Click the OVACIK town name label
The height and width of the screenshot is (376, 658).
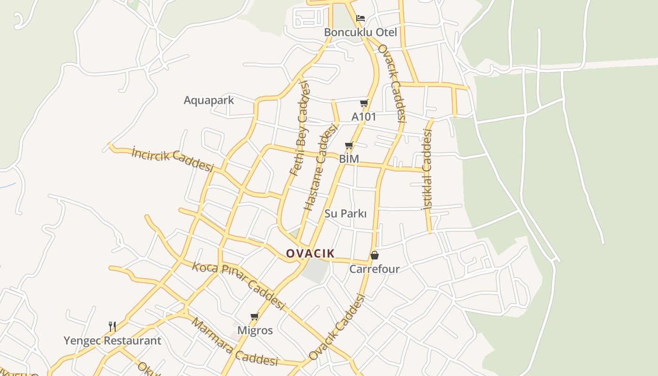coord(310,253)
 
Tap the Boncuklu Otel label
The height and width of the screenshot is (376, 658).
coord(360,32)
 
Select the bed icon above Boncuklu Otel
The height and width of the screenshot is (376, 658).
coord(360,18)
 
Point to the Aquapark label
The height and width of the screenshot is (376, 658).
coord(209,100)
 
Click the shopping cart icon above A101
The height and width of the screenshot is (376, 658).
coord(364,103)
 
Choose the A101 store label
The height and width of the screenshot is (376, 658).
coord(364,117)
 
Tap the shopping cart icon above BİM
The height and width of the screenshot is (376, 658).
coord(349,145)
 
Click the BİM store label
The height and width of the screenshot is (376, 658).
coord(349,159)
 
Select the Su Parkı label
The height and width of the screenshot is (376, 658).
coord(345,213)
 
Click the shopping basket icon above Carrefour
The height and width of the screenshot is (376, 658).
coord(375,255)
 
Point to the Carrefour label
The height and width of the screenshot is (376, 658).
coord(374,269)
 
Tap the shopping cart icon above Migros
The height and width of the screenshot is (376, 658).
coord(255,316)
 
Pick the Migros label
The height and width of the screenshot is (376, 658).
coord(255,330)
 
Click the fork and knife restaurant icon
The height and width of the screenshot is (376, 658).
coord(112,327)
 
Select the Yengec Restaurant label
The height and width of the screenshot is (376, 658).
coord(112,340)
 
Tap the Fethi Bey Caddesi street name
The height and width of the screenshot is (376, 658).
coord(300,128)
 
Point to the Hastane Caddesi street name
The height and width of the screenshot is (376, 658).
coord(321,167)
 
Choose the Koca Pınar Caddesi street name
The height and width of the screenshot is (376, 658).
coord(238,285)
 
